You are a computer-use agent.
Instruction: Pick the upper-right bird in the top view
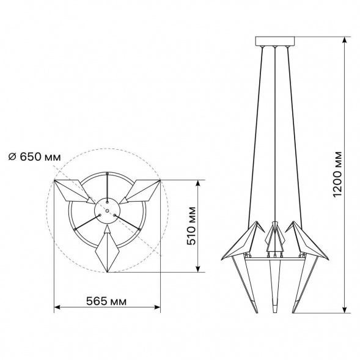pos(139,192)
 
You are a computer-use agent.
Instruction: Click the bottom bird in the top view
pos(108,249)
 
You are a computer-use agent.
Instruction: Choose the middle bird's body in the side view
pos(274,238)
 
